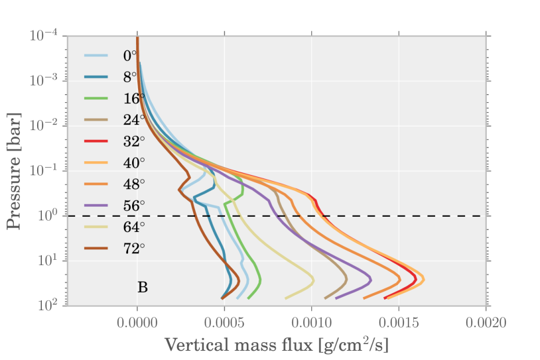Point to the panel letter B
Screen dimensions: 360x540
coord(142,287)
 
